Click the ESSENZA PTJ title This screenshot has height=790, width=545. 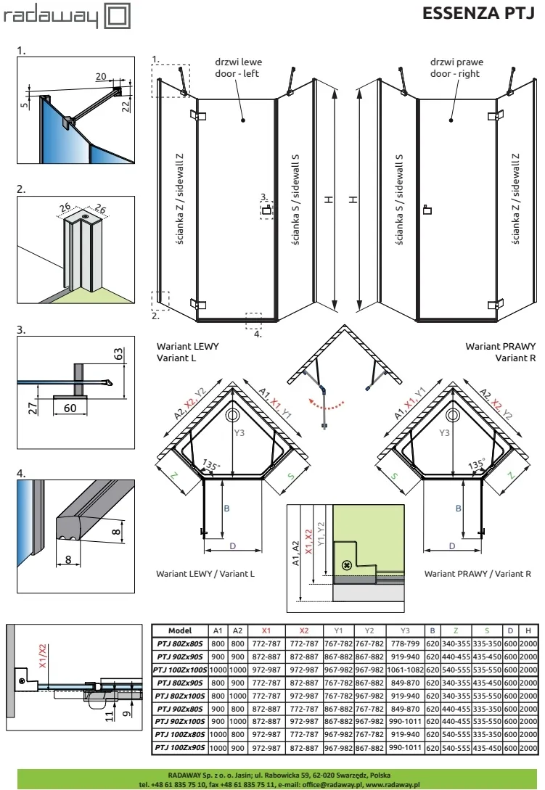click(x=478, y=13)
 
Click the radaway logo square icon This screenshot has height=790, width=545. click(x=117, y=16)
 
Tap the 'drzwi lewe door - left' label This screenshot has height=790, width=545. click(x=238, y=67)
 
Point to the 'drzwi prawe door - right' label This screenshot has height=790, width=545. click(x=456, y=67)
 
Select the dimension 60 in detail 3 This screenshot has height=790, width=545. click(x=70, y=408)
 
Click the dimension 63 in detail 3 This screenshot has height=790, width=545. click(x=118, y=354)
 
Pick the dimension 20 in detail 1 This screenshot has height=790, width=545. click(x=101, y=76)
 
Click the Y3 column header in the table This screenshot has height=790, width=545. click(x=405, y=630)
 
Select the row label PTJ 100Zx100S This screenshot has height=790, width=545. click(x=180, y=670)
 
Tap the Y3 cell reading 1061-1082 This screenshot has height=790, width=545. click(x=405, y=670)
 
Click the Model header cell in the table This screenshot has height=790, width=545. click(x=180, y=630)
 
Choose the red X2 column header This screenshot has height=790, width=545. click(x=303, y=630)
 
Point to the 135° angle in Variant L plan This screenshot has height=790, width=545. click(x=210, y=464)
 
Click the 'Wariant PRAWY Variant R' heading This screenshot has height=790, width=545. click(x=500, y=352)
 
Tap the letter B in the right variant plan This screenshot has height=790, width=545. click(x=459, y=509)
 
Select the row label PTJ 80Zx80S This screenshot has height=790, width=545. click(x=180, y=643)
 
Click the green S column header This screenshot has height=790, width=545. click(x=486, y=630)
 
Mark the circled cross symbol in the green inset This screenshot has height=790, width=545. click(x=346, y=565)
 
